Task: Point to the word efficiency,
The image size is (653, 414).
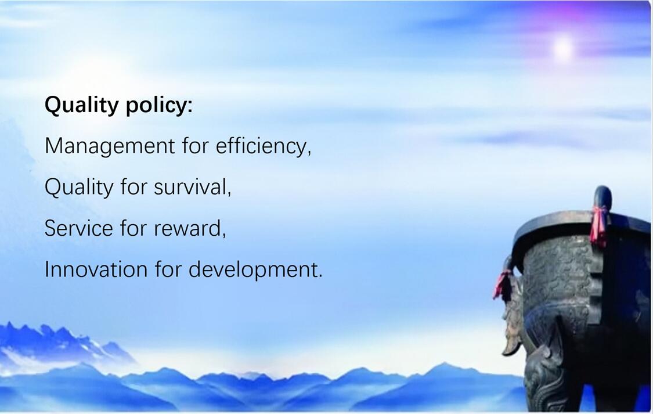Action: (x=264, y=146)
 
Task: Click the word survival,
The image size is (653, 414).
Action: (x=193, y=187)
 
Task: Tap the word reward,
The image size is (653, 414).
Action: (x=190, y=228)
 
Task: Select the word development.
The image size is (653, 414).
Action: (x=255, y=270)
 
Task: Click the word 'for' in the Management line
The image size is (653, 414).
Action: (x=195, y=145)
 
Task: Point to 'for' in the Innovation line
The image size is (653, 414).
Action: (x=168, y=269)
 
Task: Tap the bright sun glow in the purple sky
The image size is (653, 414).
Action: (x=562, y=48)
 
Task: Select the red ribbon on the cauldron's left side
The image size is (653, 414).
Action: (x=503, y=285)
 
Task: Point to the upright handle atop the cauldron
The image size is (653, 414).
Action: (x=603, y=197)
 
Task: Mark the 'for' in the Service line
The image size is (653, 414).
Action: (x=134, y=228)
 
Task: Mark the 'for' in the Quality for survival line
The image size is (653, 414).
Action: (x=134, y=187)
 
